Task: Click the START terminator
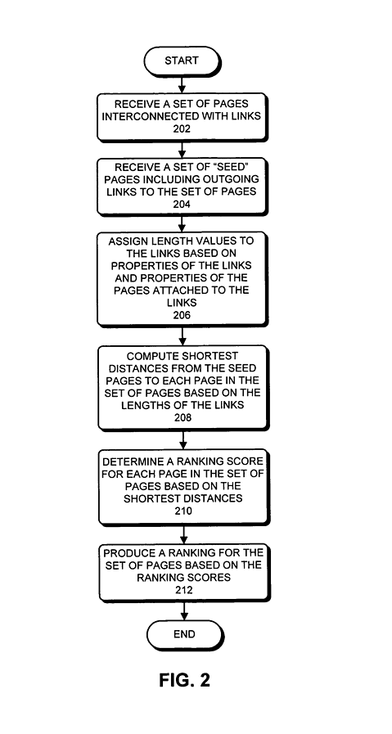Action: click(x=182, y=61)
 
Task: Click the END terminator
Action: click(x=183, y=634)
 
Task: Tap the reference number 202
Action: click(x=182, y=129)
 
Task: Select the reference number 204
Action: click(x=182, y=205)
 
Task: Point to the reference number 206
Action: click(x=182, y=314)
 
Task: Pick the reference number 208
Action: click(x=182, y=417)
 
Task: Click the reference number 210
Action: click(x=182, y=511)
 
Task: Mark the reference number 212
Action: click(x=182, y=588)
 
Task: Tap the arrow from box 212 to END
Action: click(x=182, y=611)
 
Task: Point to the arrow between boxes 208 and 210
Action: click(x=182, y=439)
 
